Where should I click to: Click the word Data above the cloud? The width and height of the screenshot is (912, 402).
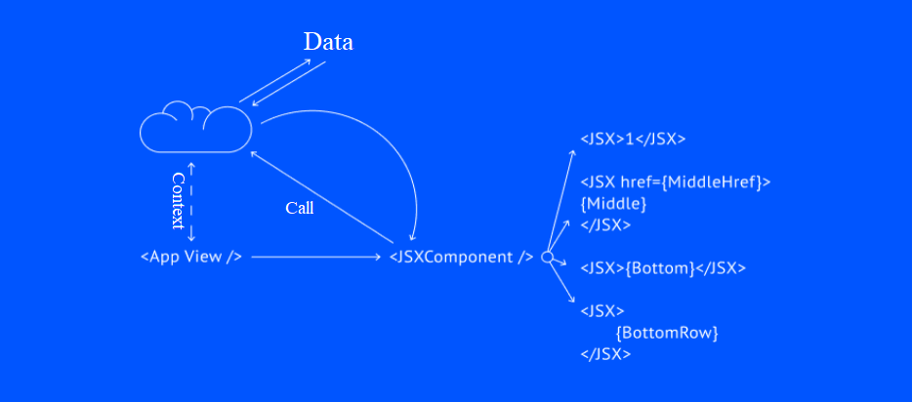point(328,42)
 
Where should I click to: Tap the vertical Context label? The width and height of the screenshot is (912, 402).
point(178,201)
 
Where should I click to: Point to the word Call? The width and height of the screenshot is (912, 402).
point(300,208)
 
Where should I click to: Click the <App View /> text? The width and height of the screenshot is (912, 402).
point(191,257)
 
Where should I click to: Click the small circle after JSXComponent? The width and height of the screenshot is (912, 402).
point(547,258)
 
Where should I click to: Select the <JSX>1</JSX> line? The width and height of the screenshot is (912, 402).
point(633,139)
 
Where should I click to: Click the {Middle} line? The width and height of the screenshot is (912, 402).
point(614,203)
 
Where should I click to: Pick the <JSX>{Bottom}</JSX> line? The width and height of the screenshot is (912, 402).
point(663,267)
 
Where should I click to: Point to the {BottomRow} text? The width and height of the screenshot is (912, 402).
point(667,333)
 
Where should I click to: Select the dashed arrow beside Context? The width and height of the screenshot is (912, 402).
point(191,201)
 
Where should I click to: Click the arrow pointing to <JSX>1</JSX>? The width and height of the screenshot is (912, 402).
point(561,200)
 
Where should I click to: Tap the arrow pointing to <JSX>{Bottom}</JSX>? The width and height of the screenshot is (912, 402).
point(562,262)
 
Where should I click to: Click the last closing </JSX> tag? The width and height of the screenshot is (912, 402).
point(605,354)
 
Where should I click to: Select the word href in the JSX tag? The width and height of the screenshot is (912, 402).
point(637,181)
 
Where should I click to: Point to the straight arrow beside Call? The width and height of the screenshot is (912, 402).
point(322,195)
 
